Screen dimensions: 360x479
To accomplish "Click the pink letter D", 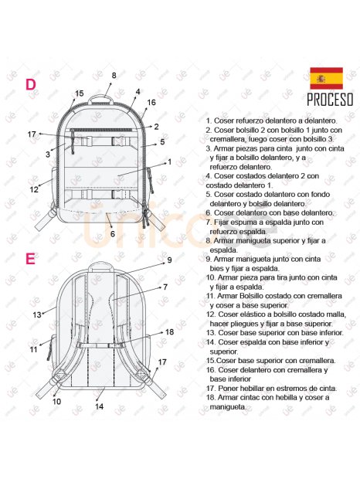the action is click(31, 85).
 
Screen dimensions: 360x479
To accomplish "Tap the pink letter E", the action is click(30, 259).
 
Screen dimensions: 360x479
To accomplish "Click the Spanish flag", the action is click(326, 79).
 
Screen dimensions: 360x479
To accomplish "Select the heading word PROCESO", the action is click(330, 100).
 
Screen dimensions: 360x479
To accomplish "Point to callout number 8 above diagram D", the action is click(114, 76).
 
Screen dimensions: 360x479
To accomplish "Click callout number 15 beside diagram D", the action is click(79, 93).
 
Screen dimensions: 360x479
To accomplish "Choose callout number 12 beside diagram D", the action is click(34, 190).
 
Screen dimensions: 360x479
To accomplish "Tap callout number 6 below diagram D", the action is click(113, 233).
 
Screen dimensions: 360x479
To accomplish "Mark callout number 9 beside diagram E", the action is click(169, 260).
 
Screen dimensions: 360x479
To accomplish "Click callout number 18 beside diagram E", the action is click(169, 331).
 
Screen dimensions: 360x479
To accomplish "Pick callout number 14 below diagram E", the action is click(99, 406).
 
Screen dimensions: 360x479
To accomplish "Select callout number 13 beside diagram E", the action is click(37, 314).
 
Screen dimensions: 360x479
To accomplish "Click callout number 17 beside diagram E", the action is click(162, 362).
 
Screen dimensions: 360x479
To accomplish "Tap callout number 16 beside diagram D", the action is click(151, 102).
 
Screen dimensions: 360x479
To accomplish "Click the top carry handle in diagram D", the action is click(101, 99).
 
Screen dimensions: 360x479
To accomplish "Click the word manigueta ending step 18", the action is click(227, 407).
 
